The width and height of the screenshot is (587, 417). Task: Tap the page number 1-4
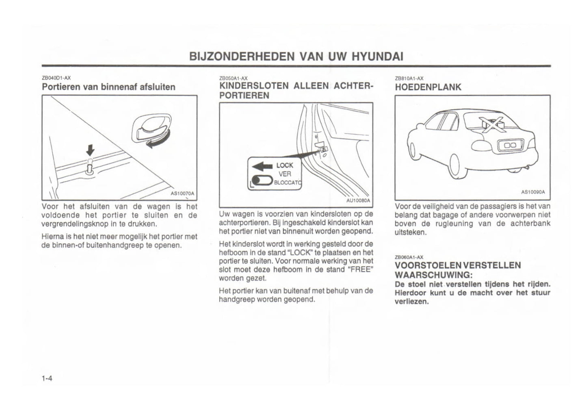point(47,379)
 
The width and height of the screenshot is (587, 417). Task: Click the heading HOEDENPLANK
point(428,87)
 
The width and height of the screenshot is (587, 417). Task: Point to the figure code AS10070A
point(182,194)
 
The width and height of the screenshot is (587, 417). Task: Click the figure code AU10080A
point(358,201)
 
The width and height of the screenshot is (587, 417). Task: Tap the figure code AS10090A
point(533,192)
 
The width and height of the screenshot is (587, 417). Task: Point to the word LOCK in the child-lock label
point(284,165)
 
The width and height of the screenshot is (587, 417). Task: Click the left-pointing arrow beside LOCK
point(262,166)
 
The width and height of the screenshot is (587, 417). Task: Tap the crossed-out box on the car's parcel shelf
point(491,123)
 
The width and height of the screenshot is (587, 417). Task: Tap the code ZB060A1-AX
point(409,257)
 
